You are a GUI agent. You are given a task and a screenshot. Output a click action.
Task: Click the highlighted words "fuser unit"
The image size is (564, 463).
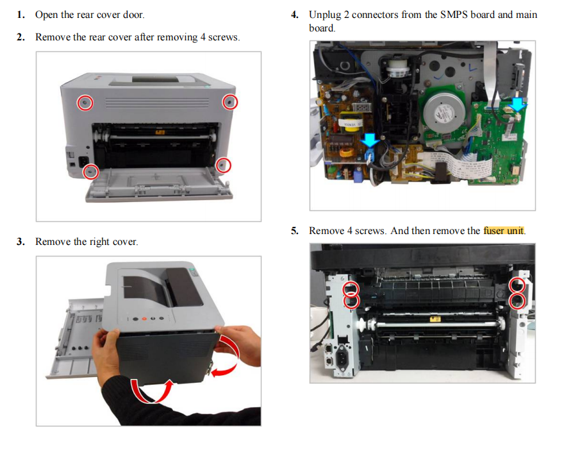pos(504,230)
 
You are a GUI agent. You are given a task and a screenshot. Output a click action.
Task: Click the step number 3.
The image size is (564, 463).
pos(20,241)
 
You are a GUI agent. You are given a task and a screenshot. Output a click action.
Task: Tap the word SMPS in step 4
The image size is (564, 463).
pos(454,14)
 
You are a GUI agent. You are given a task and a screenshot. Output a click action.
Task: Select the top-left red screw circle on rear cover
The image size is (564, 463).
pos(85,103)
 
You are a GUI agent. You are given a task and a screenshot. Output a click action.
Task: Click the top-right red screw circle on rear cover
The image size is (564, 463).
pos(229,102)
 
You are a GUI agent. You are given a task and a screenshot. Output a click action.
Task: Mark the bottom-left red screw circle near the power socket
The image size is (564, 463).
pos(90,171)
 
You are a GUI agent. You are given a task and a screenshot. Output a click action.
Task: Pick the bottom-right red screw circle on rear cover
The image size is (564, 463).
pos(223,165)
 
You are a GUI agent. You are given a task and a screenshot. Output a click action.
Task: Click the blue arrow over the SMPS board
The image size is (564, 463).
pos(369,140)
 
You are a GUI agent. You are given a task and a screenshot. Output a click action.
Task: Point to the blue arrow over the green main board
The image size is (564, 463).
pos(518,103)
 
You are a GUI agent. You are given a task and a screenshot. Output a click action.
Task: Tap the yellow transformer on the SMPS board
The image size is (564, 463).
pos(351,122)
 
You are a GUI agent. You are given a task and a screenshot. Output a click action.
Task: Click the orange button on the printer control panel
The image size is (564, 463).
pos(144,319)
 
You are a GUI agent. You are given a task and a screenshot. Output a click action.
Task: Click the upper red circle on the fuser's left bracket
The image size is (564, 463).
pos(351,289)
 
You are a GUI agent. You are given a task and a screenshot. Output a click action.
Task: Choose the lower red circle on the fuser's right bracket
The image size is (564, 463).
pos(518,301)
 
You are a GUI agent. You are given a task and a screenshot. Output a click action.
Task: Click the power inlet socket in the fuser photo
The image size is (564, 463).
pos(342,358)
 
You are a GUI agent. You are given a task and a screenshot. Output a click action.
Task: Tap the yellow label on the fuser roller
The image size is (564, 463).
pos(435,319)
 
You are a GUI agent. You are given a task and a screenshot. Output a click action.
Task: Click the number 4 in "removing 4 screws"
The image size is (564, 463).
pos(203,37)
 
